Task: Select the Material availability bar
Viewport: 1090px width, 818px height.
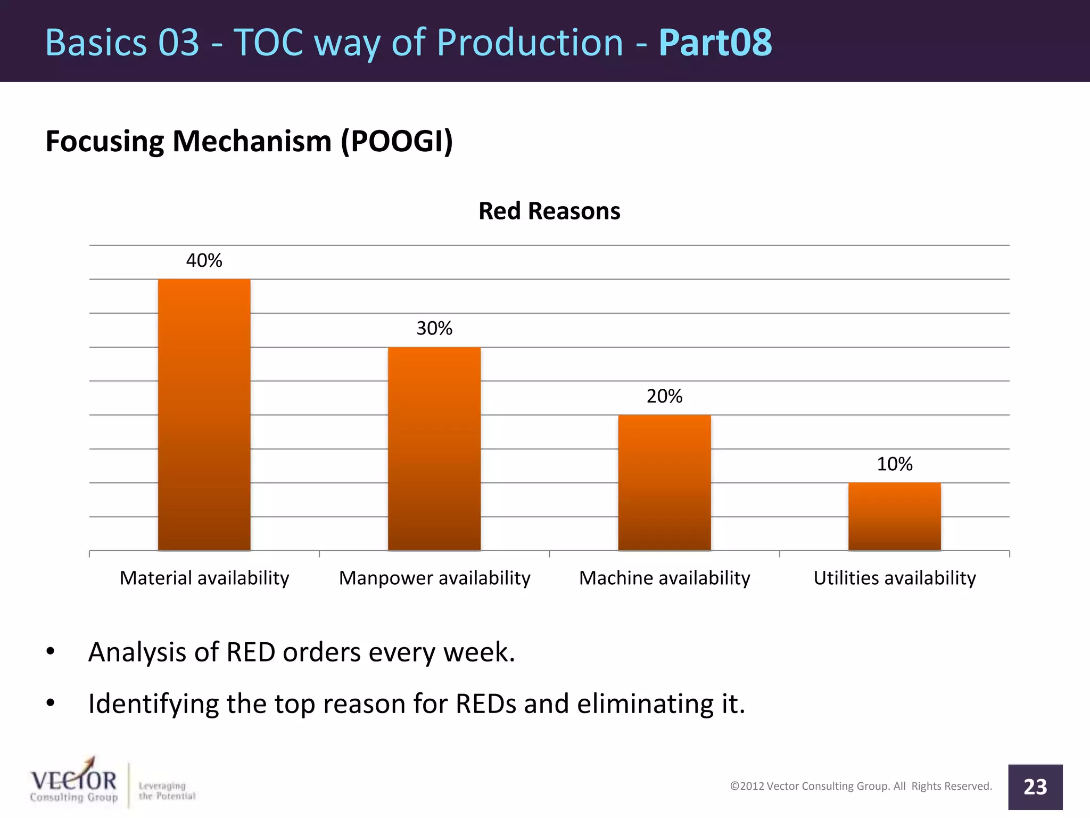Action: coord(204,414)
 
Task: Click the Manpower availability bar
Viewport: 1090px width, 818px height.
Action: coord(434,448)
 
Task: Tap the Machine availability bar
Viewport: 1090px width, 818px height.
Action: coord(664,482)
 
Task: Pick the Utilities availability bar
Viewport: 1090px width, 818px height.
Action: coord(894,516)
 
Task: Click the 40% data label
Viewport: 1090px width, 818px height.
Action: coord(204,260)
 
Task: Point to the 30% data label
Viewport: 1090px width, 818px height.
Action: coord(434,328)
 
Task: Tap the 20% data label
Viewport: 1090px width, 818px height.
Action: coord(664,396)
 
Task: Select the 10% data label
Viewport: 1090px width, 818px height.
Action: coord(894,464)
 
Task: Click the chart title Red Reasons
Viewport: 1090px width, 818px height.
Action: coord(549,211)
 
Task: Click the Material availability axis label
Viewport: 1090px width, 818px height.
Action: coord(204,578)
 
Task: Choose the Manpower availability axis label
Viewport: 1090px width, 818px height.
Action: coord(434,578)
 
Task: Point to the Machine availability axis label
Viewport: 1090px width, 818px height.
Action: coord(664,578)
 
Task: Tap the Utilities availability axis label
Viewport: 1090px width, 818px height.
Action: coord(894,578)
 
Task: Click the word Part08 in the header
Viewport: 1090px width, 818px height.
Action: coord(715,43)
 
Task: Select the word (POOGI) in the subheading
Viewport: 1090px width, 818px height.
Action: coord(397,142)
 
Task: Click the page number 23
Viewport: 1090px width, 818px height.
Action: coord(1035,787)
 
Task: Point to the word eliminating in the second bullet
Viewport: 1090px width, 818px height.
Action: coord(645,704)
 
